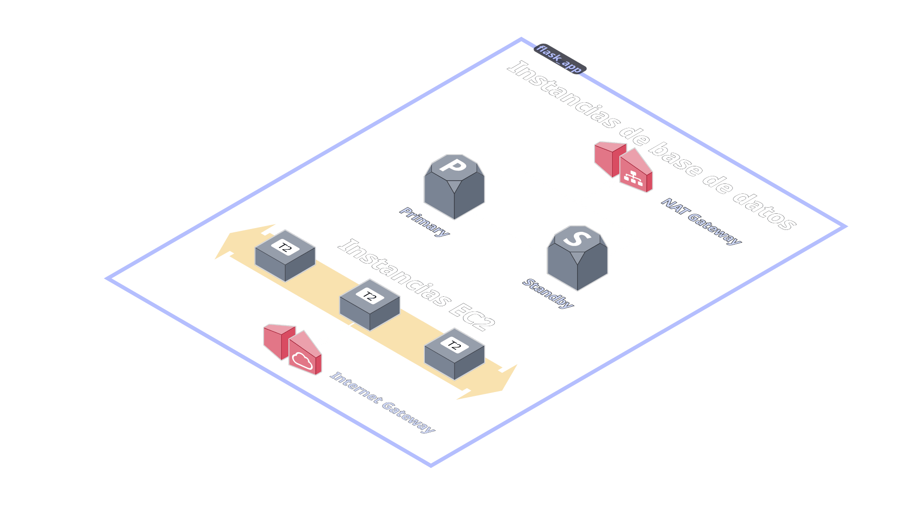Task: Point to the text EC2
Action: (470, 315)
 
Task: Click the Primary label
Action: (424, 222)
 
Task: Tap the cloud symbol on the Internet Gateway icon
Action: (301, 360)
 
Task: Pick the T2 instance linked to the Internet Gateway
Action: (370, 304)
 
